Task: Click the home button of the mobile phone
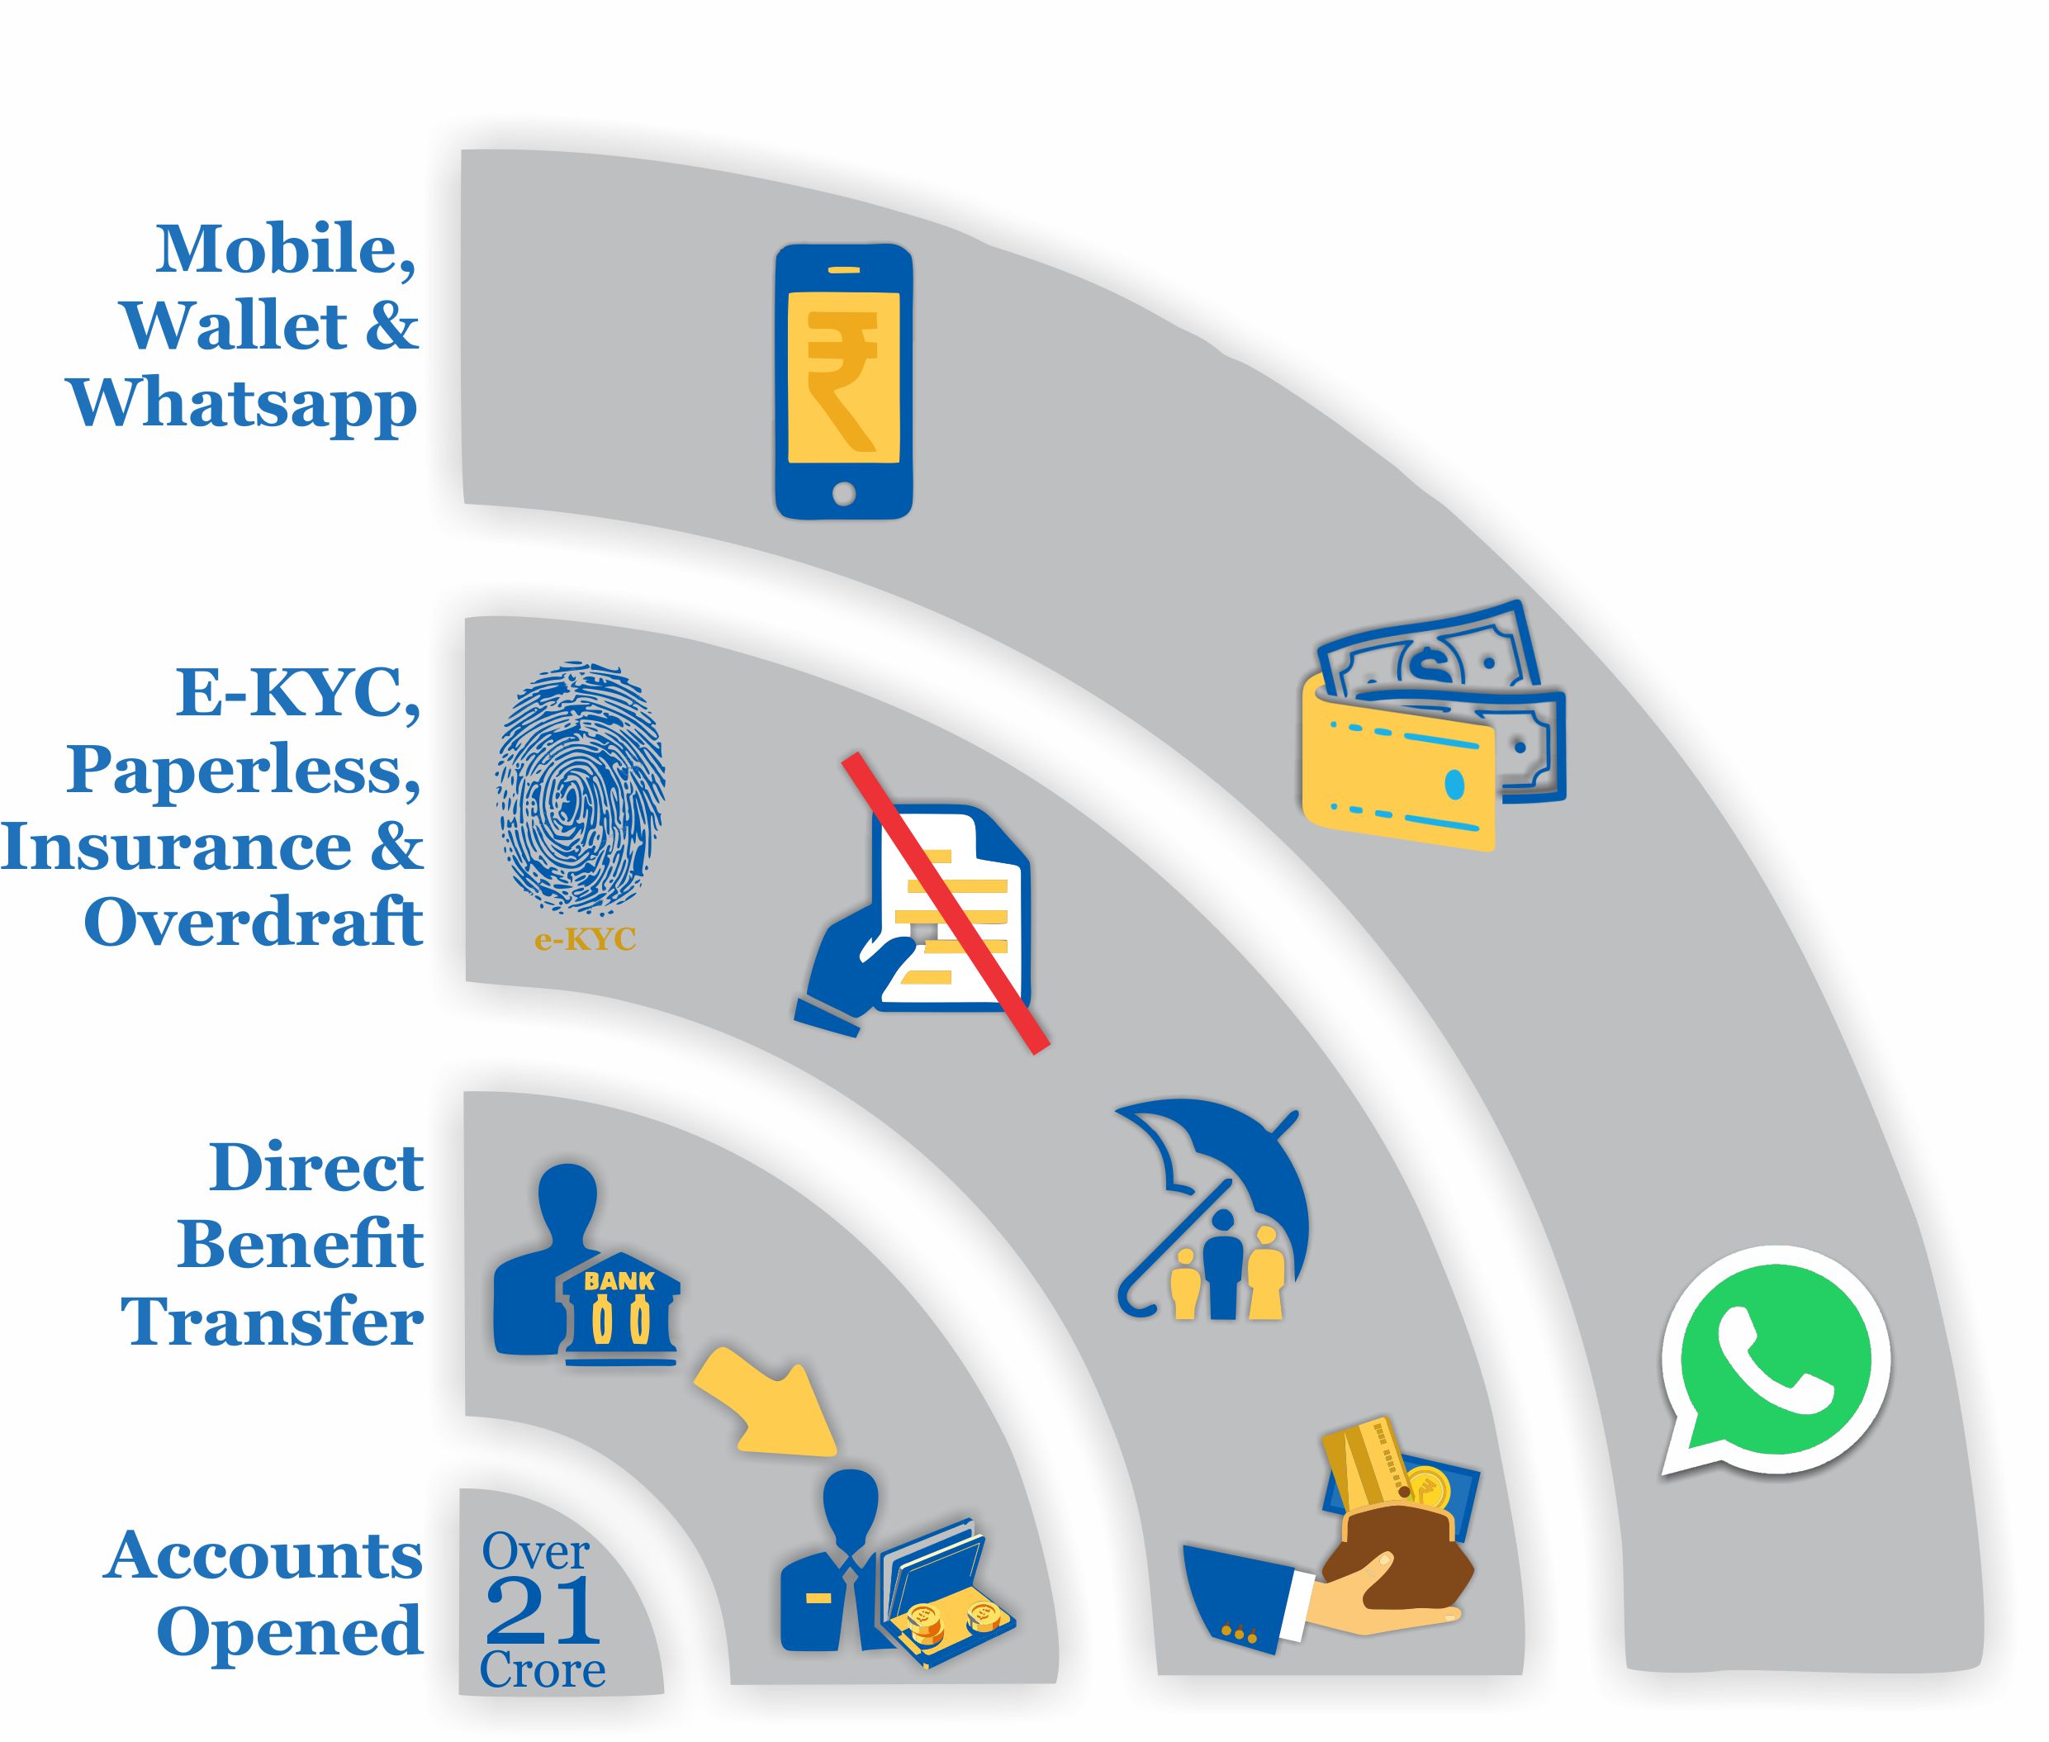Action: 843,494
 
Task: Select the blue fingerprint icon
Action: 580,789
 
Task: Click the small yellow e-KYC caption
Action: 585,939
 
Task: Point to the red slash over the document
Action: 945,904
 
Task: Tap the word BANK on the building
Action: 619,1282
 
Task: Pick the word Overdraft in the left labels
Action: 254,923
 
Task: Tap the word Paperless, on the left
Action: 244,769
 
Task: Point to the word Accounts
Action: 263,1556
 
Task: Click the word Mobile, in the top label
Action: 286,249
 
